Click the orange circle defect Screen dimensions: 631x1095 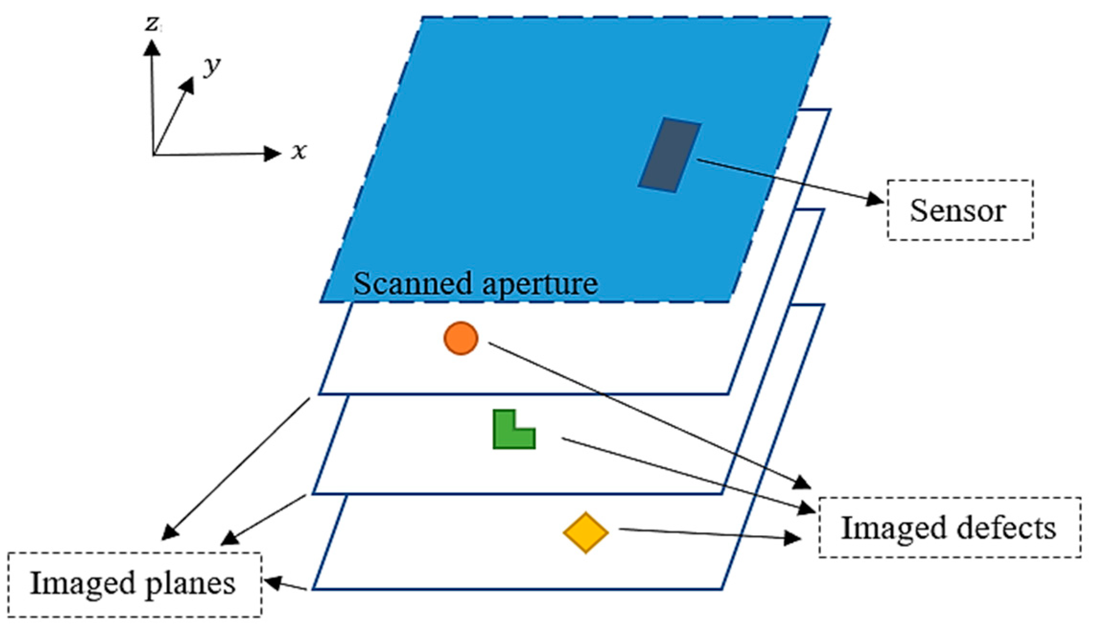click(461, 338)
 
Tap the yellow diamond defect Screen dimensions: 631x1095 click(585, 533)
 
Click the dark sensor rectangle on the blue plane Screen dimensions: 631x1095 click(670, 155)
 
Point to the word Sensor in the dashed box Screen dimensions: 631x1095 click(957, 210)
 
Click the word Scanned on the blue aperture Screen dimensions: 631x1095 click(412, 284)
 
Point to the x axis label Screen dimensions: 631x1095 click(299, 151)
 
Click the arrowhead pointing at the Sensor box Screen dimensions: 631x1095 click(874, 199)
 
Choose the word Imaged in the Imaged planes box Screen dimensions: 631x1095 click(83, 584)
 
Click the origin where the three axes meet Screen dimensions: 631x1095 click(154, 154)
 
